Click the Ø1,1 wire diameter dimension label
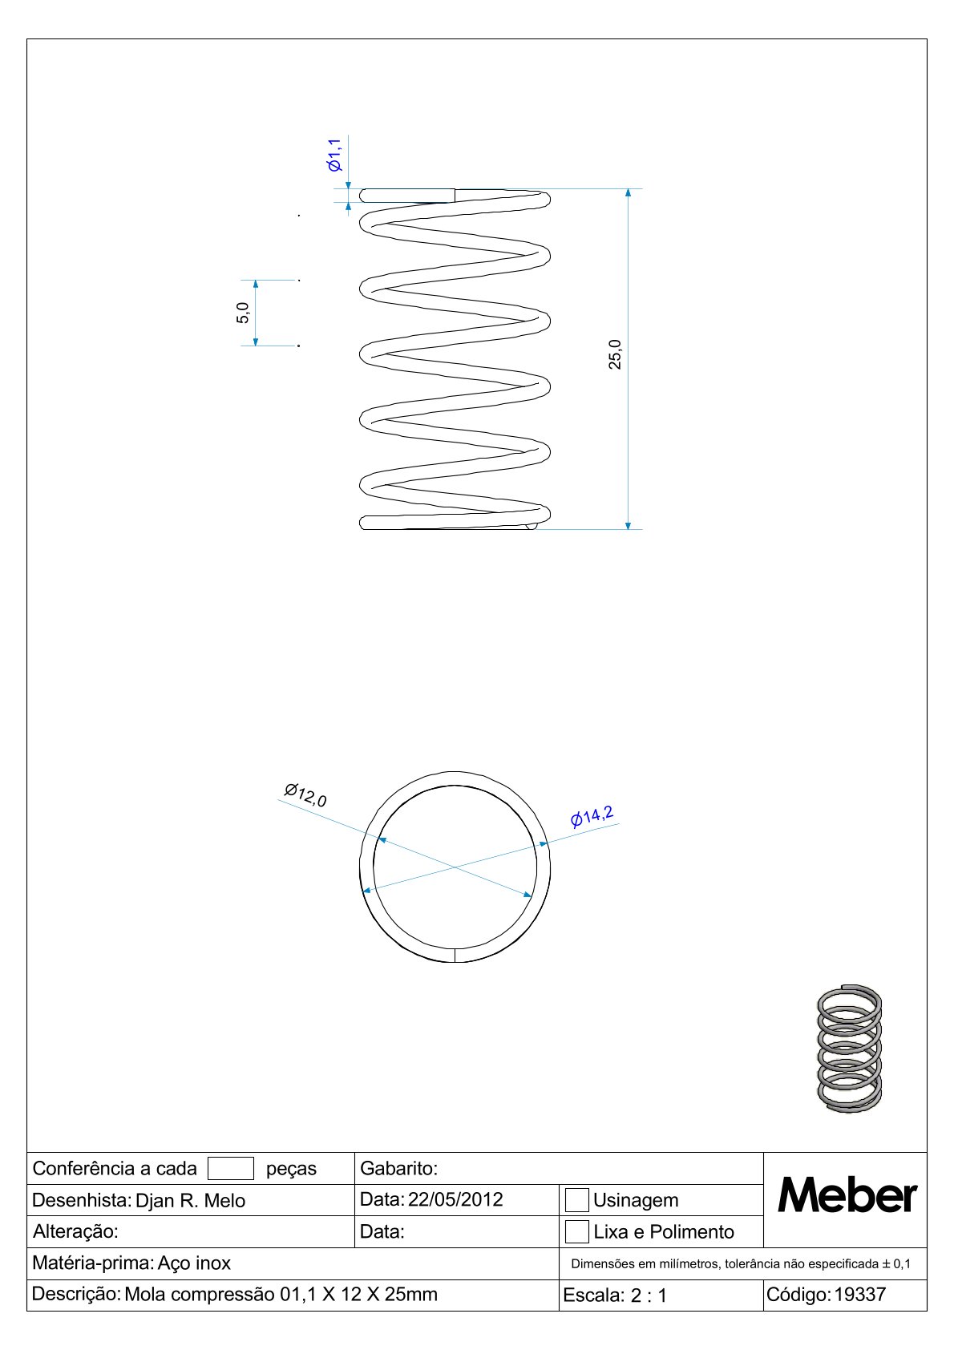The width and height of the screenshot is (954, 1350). click(x=334, y=155)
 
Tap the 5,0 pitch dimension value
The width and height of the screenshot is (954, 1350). click(x=242, y=313)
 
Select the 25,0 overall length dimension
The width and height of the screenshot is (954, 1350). click(x=614, y=354)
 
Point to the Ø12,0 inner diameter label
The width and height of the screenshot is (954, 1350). click(x=305, y=795)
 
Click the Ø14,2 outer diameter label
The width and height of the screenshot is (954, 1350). click(x=592, y=816)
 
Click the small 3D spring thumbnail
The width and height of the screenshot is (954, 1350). click(x=849, y=1049)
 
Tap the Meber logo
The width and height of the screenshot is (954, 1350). click(x=847, y=1196)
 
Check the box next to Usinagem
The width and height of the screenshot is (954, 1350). click(x=576, y=1200)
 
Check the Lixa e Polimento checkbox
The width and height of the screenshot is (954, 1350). click(x=576, y=1231)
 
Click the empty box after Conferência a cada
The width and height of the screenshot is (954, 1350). click(x=230, y=1168)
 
